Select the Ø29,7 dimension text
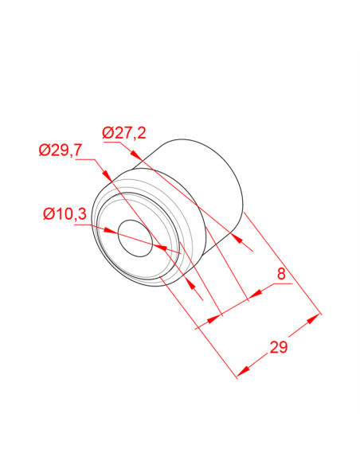coord(61,151)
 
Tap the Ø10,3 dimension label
coord(65,213)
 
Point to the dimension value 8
coord(280,274)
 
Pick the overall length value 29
coord(279,348)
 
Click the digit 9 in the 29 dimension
coord(284,348)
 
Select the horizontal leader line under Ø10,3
coord(64,225)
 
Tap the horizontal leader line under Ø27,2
coord(123,143)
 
